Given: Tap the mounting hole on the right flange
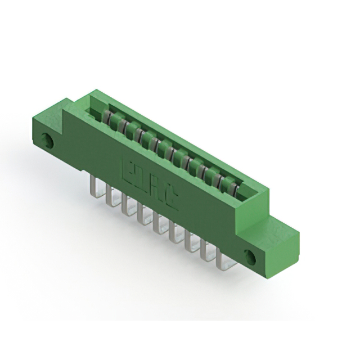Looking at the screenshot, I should (x=251, y=258).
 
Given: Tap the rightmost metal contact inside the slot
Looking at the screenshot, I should (x=237, y=186).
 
